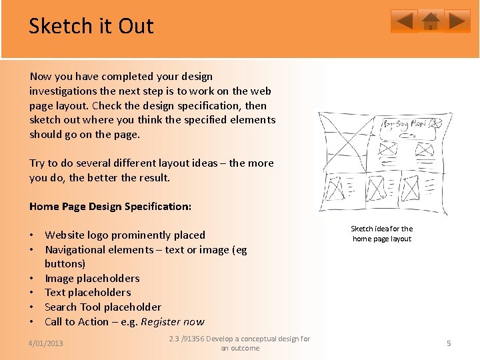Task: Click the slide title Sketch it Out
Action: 91,26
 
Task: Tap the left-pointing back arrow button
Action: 404,21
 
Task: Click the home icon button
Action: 431,21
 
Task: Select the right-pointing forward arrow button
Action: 457,21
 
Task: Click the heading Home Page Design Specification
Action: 110,206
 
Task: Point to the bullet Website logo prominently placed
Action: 125,235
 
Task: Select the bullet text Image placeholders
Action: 92,278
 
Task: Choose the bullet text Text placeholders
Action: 87,292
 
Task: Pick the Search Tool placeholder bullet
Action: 103,307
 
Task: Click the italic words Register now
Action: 173,321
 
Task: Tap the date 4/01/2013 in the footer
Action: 45,343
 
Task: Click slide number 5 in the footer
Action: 449,343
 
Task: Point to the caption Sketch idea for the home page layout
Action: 382,234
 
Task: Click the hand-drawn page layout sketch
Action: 383,163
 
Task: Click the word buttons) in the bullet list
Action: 65,263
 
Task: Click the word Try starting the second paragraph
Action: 37,163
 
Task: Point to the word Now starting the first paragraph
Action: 40,76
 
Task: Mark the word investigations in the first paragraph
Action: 63,91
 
